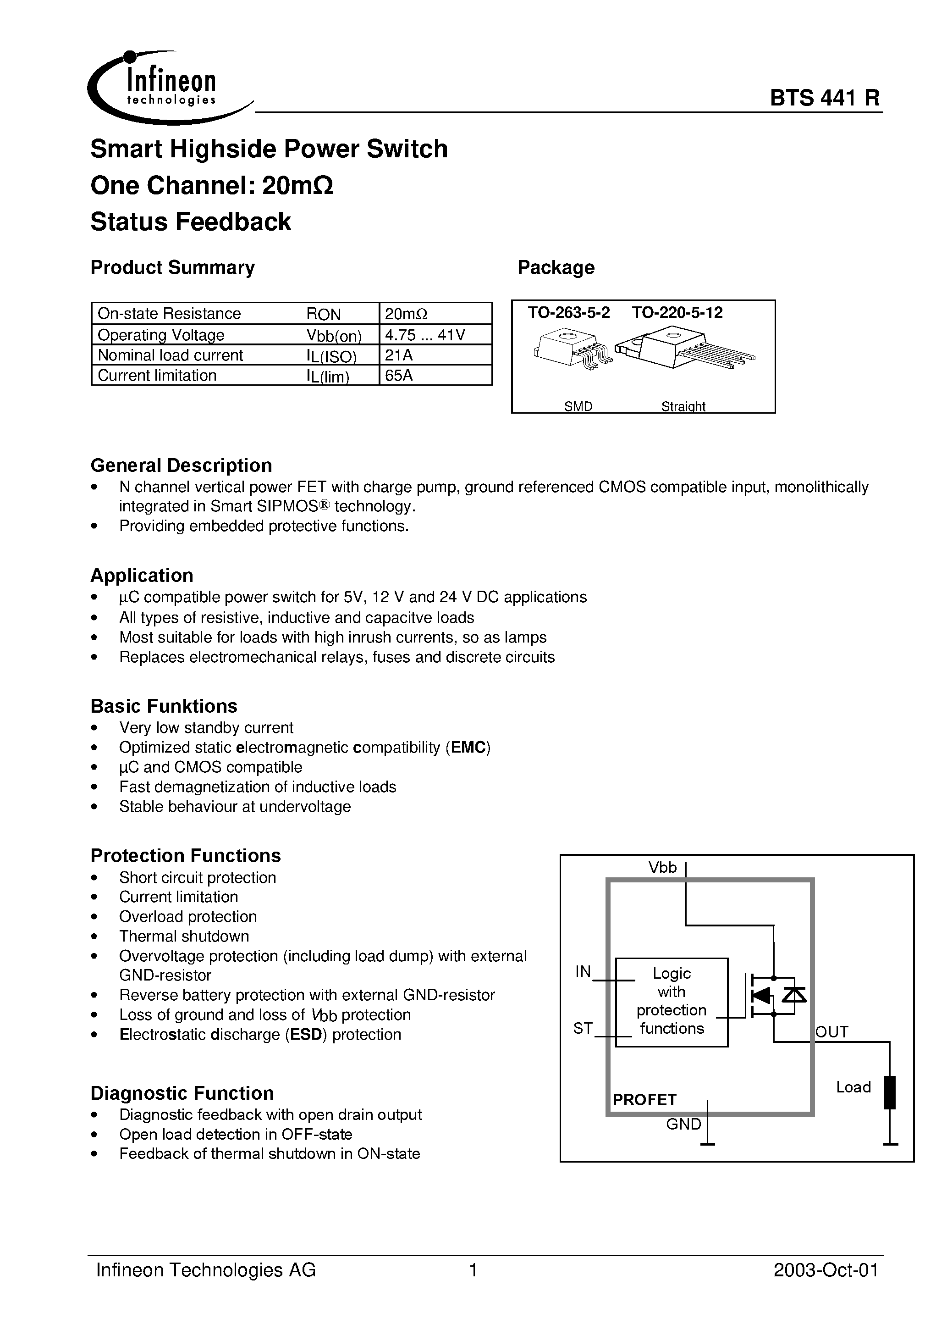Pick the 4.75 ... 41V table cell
(x=425, y=335)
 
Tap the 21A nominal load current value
(x=399, y=355)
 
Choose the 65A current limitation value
(x=399, y=376)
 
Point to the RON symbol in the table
(x=324, y=314)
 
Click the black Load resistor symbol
(x=890, y=1092)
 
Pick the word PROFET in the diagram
(x=644, y=1100)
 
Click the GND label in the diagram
(x=683, y=1125)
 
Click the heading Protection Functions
(x=186, y=856)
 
